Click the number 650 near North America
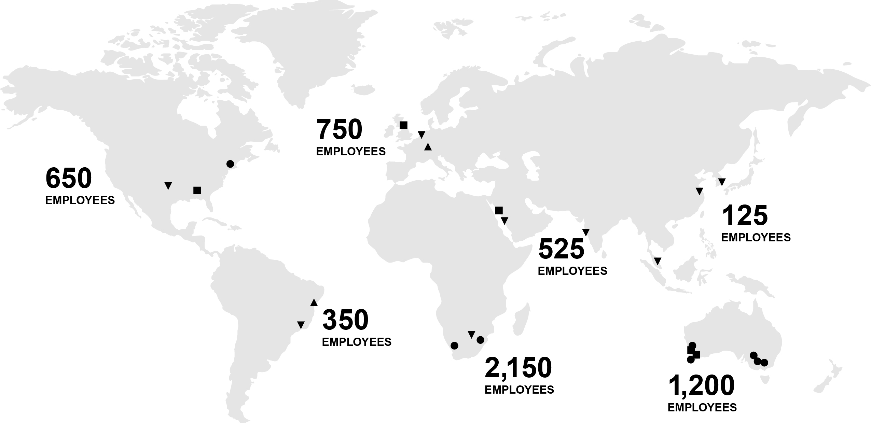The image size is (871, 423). coord(69,178)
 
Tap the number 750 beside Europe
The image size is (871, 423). coord(340,130)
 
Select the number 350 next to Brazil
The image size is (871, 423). coord(345,320)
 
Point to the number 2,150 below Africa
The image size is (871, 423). coord(518,368)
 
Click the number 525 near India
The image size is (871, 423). coord(561,249)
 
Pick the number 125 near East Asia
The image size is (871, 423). coord(745,216)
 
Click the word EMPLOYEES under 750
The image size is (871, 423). coord(351,151)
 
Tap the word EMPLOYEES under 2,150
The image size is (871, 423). coord(519,390)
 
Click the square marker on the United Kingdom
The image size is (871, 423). coord(403,125)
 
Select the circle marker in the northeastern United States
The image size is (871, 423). coord(230,164)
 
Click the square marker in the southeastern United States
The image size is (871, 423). coord(197,190)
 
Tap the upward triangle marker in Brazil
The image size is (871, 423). coord(314,302)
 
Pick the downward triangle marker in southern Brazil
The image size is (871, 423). coord(301,325)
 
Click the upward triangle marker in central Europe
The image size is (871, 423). coord(428,147)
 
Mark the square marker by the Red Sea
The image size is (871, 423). coord(499,210)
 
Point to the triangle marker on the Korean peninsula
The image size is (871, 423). coord(722,182)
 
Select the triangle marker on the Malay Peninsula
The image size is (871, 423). coord(658,261)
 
